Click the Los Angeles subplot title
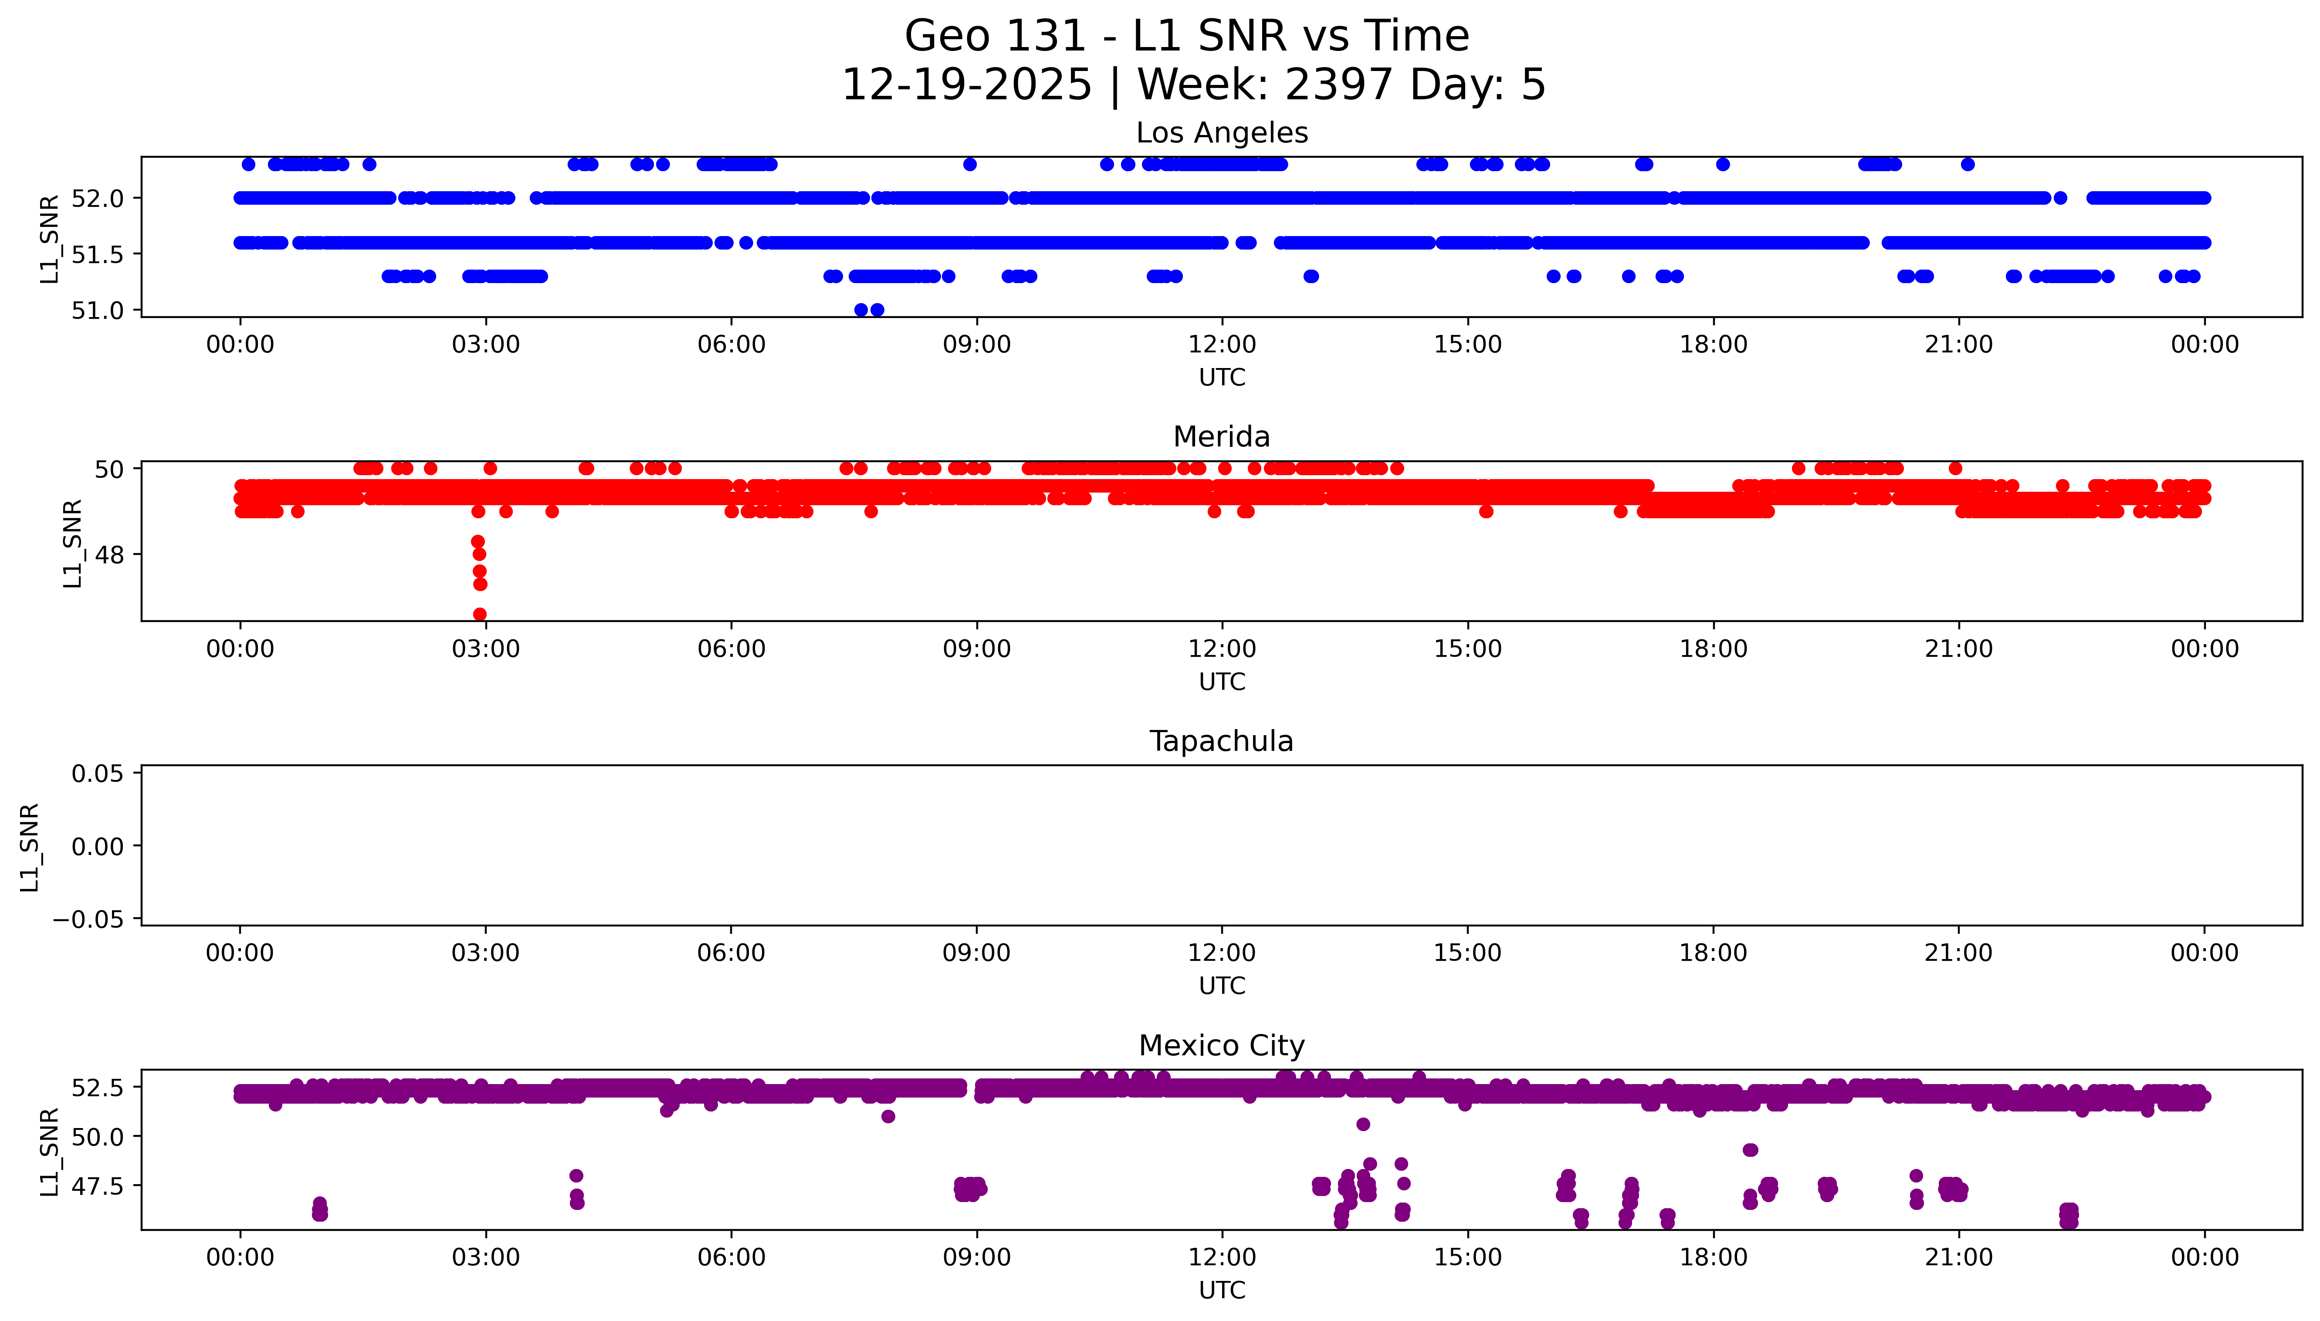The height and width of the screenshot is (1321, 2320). click(x=1221, y=133)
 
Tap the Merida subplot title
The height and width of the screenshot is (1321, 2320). click(x=1221, y=437)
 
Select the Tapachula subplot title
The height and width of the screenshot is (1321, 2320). click(x=1221, y=741)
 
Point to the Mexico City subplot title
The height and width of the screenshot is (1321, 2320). click(x=1221, y=1046)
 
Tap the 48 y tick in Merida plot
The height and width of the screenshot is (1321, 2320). click(x=110, y=554)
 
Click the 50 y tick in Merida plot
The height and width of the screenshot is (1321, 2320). click(x=110, y=469)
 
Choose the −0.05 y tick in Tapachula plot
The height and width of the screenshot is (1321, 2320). click(x=88, y=919)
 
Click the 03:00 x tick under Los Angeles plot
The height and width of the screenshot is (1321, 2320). click(x=485, y=345)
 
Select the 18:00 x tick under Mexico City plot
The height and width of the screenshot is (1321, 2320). click(x=1713, y=1257)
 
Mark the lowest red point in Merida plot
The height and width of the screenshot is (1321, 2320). click(x=480, y=614)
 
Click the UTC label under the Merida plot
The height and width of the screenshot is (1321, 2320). click(x=1221, y=681)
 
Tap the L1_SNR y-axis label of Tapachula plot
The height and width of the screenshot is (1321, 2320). click(x=30, y=847)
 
